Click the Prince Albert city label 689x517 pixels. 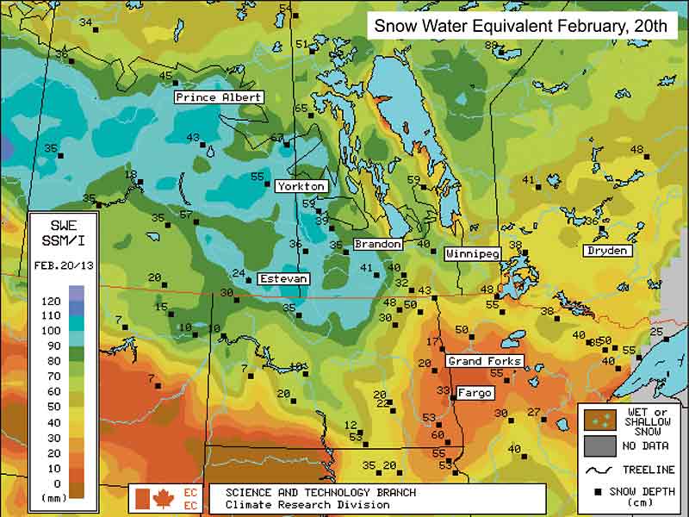pyautogui.click(x=219, y=97)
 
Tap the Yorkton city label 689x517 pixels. pyautogui.click(x=301, y=186)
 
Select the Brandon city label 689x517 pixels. pyautogui.click(x=378, y=245)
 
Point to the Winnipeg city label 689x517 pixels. pyautogui.click(x=472, y=255)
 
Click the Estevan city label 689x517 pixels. pyautogui.click(x=283, y=279)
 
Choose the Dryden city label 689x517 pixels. pyautogui.click(x=607, y=251)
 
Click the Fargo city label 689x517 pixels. pyautogui.click(x=475, y=393)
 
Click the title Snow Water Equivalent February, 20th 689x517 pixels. pyautogui.click(x=519, y=26)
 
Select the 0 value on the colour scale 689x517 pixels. pyautogui.click(x=59, y=483)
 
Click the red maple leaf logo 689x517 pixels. pyautogui.click(x=163, y=498)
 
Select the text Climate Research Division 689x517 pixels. pyautogui.click(x=307, y=505)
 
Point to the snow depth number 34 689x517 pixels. pyautogui.click(x=86, y=22)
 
